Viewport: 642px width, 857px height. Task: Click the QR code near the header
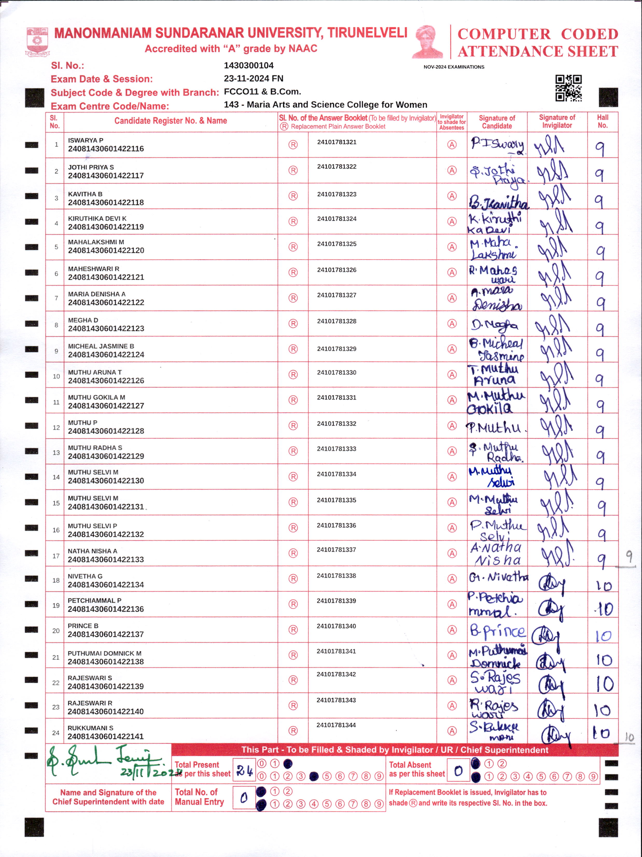pos(568,88)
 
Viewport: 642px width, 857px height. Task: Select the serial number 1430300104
pos(248,66)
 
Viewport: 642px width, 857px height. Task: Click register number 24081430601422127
pos(106,406)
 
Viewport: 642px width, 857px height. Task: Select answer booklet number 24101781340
pos(336,626)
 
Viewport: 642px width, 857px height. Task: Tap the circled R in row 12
pos(293,425)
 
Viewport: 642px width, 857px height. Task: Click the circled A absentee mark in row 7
pos(452,298)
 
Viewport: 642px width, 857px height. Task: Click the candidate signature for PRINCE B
pos(497,631)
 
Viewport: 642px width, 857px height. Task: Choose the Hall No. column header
pos(602,121)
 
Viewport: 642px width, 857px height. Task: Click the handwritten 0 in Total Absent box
pos(458,771)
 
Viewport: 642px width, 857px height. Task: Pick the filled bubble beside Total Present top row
pos(288,764)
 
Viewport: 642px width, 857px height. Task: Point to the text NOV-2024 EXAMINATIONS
pos(453,67)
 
